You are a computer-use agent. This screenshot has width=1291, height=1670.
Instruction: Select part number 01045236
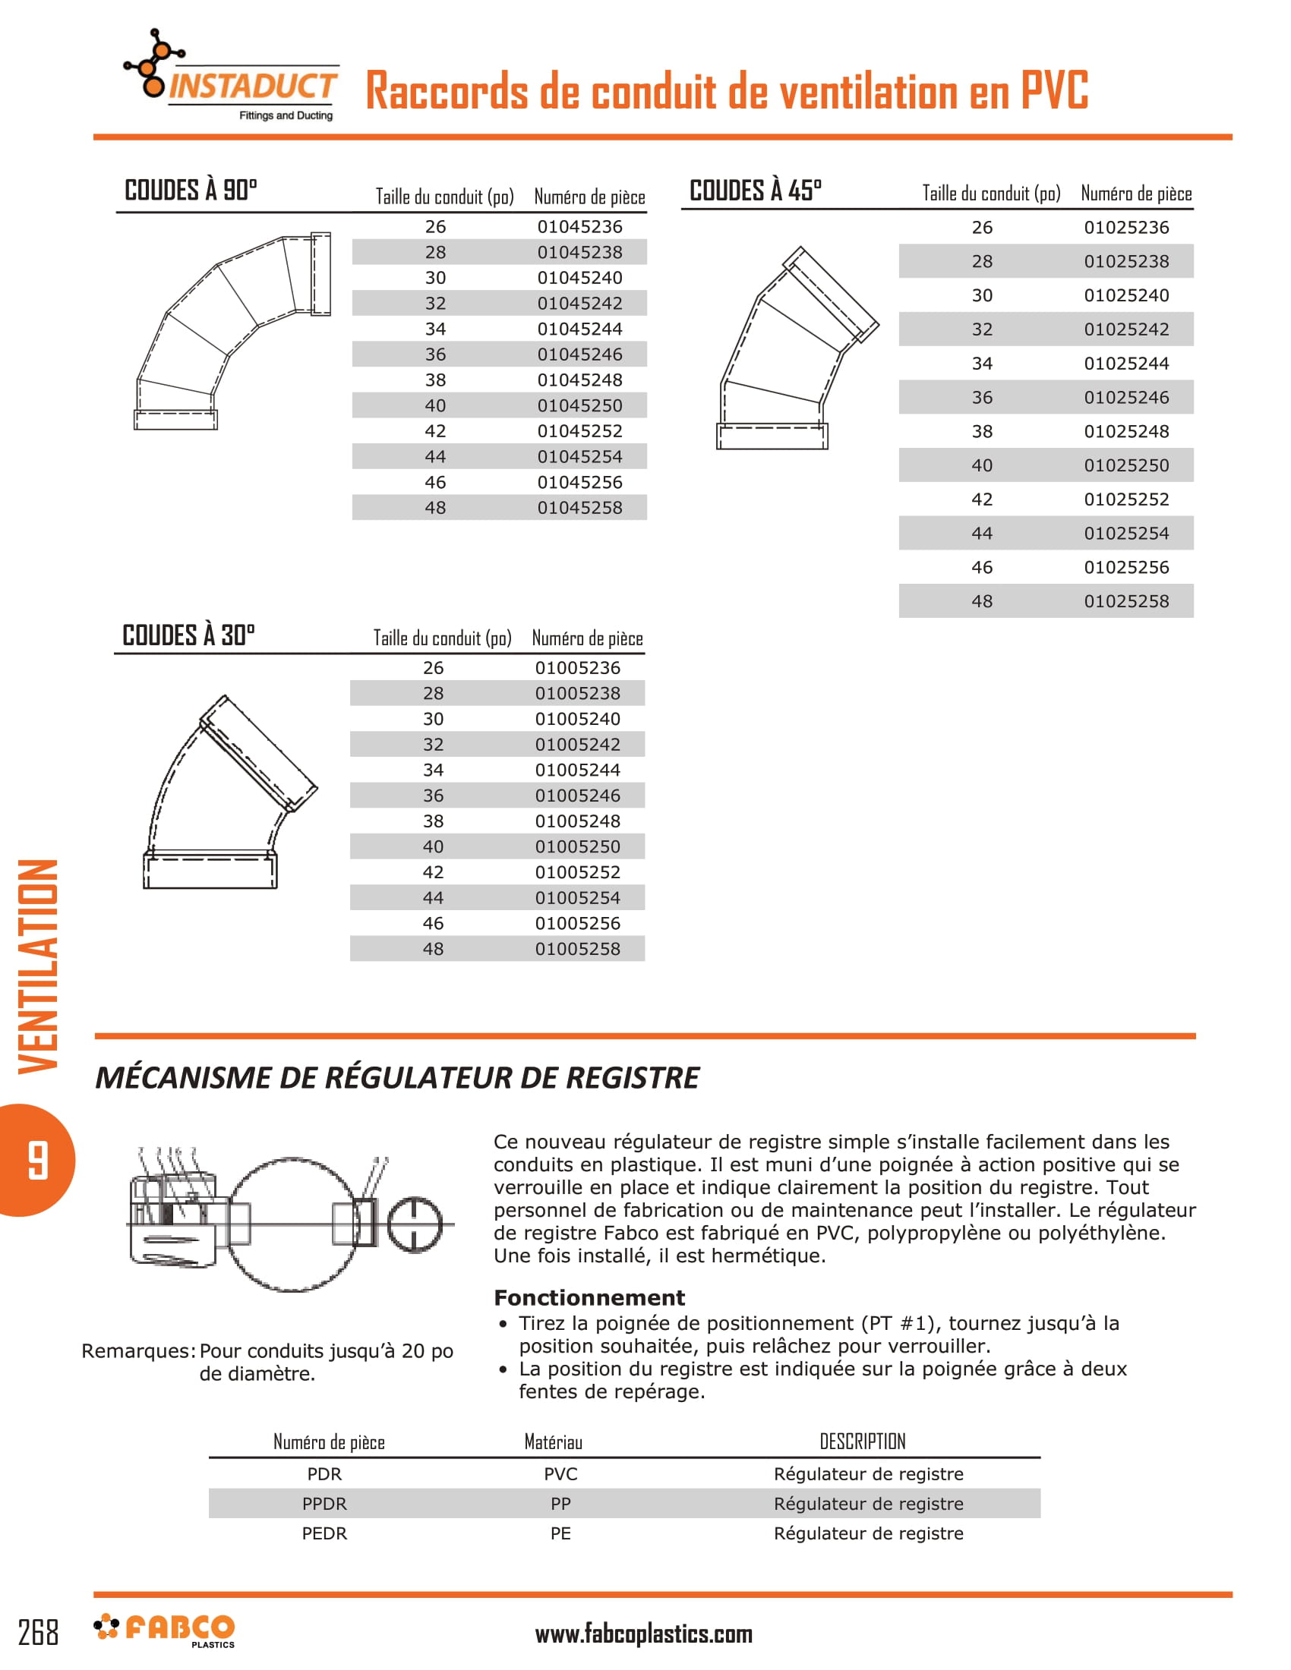(x=579, y=226)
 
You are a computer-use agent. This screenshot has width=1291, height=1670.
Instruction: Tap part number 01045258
(x=579, y=508)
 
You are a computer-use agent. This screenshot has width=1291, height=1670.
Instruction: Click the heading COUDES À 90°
(x=191, y=190)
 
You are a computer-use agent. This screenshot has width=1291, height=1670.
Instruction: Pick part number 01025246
(x=1125, y=398)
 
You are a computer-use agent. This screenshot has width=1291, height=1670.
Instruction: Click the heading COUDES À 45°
(x=755, y=191)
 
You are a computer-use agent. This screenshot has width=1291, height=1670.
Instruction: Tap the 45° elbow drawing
(x=795, y=348)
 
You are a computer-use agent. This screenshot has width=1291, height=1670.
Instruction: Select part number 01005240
(x=577, y=719)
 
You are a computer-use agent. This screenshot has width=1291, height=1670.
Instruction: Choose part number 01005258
(x=577, y=949)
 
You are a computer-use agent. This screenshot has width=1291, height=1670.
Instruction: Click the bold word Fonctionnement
(x=589, y=1297)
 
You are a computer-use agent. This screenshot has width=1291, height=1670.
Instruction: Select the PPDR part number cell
(x=324, y=1503)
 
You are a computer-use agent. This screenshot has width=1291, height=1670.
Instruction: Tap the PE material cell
(x=560, y=1533)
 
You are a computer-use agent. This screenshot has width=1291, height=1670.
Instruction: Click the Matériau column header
(x=553, y=1442)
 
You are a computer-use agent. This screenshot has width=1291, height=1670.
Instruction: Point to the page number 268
(x=38, y=1634)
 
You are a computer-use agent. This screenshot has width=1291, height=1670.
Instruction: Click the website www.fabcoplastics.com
(x=643, y=1635)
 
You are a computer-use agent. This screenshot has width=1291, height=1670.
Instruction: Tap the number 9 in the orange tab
(x=36, y=1160)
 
